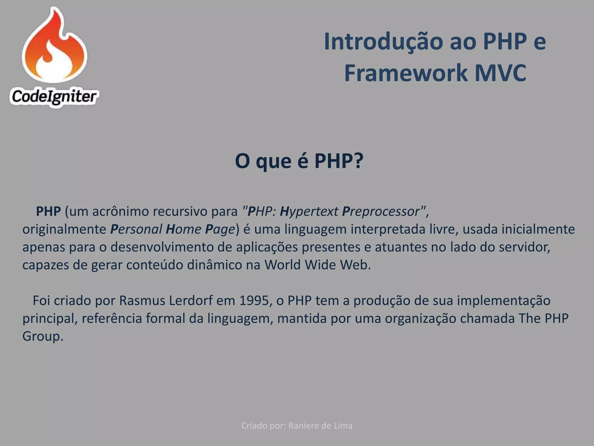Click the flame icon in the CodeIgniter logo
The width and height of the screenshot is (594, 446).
pos(55,46)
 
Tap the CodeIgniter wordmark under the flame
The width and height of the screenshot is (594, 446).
pos(54,97)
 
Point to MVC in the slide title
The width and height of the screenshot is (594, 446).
pos(500,73)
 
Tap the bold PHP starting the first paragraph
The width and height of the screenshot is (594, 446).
pos(48,211)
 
